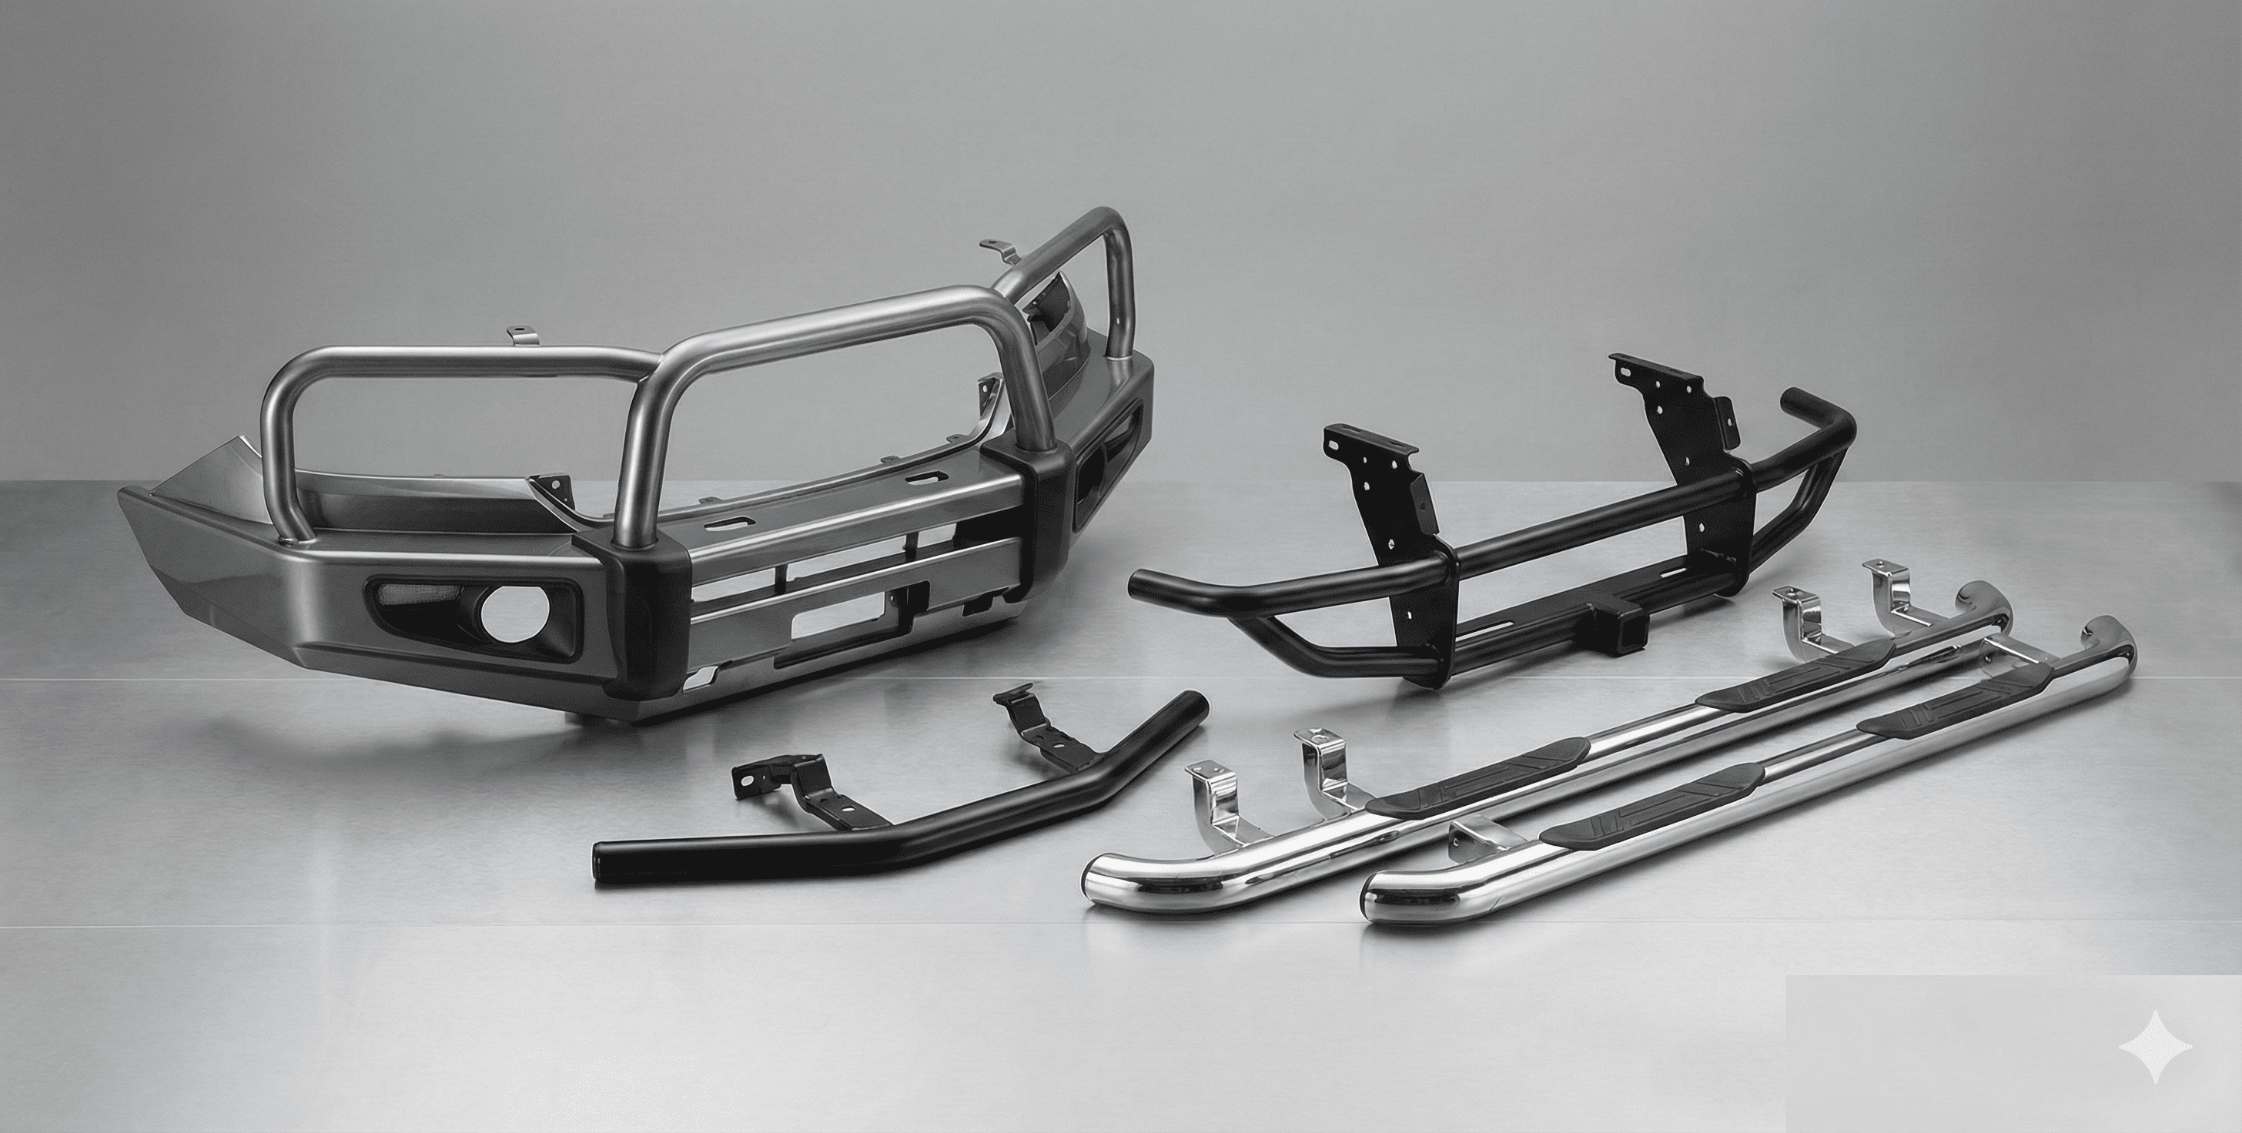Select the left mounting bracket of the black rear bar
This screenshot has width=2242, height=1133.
1384,486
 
